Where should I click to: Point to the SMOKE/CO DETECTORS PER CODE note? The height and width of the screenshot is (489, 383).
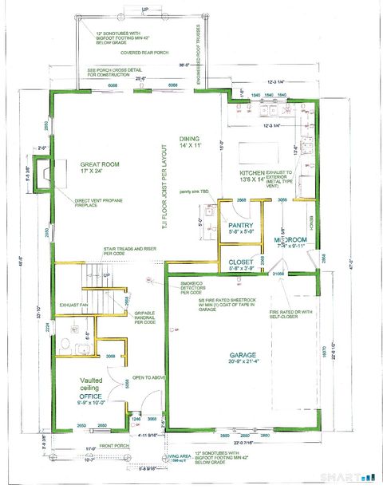point(192,285)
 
